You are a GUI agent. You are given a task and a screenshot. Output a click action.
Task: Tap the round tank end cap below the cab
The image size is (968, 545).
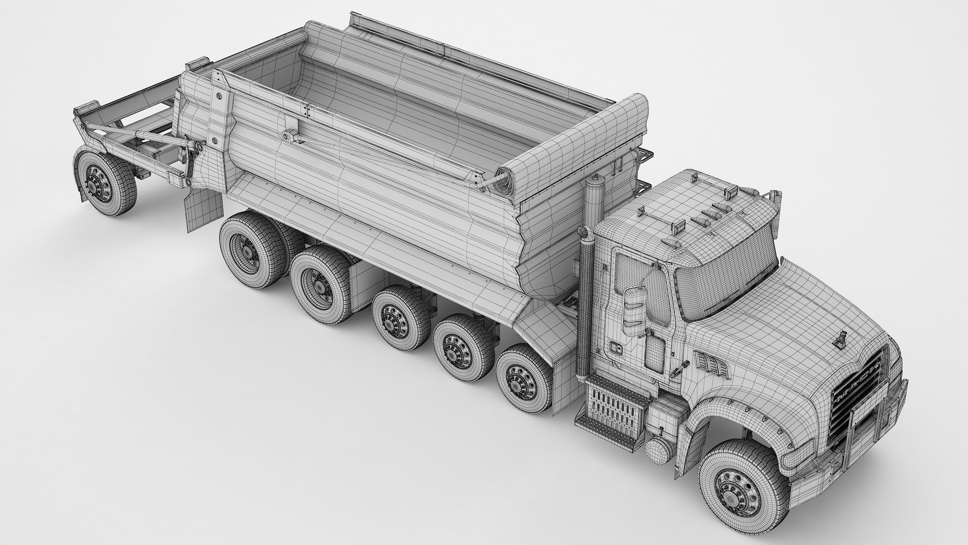(656, 449)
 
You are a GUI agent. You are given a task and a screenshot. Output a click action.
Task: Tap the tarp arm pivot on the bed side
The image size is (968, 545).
(289, 136)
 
